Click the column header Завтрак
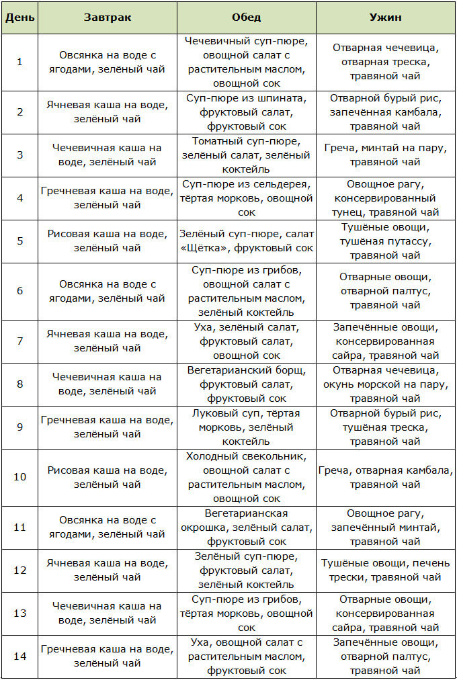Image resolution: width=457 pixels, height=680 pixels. (x=108, y=17)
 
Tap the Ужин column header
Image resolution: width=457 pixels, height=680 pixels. (x=385, y=17)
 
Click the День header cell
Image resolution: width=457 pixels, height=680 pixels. (x=19, y=17)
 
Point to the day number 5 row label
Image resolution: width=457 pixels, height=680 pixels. (x=19, y=241)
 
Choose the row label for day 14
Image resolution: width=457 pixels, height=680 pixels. (x=19, y=656)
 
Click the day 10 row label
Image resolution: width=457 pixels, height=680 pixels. (x=19, y=477)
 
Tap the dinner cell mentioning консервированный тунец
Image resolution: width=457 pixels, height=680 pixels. (x=385, y=198)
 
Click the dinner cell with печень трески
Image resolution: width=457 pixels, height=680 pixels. (x=385, y=570)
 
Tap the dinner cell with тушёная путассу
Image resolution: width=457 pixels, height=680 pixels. (x=385, y=241)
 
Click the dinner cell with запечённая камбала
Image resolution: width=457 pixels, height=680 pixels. (x=385, y=112)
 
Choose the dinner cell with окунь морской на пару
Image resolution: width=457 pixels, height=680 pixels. (x=385, y=384)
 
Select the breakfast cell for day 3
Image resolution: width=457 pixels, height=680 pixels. (x=108, y=155)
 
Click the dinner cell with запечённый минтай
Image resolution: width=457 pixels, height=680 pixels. (x=385, y=527)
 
